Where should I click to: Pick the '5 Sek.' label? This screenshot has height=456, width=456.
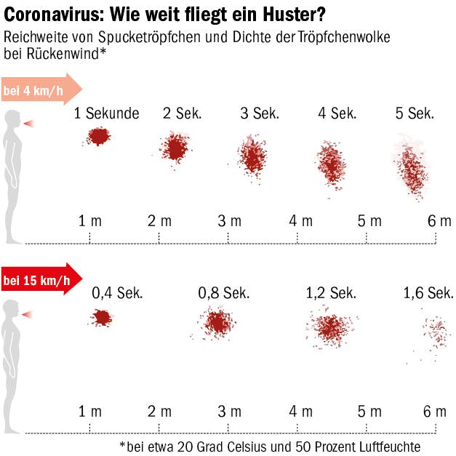pos(415,113)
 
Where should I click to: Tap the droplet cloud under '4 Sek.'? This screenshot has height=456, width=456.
pos(332,166)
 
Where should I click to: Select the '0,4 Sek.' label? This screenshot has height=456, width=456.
pos(117,293)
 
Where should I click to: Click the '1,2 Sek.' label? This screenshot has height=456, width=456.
pos(331,293)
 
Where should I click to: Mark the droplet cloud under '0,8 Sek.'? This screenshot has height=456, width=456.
pos(217,322)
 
